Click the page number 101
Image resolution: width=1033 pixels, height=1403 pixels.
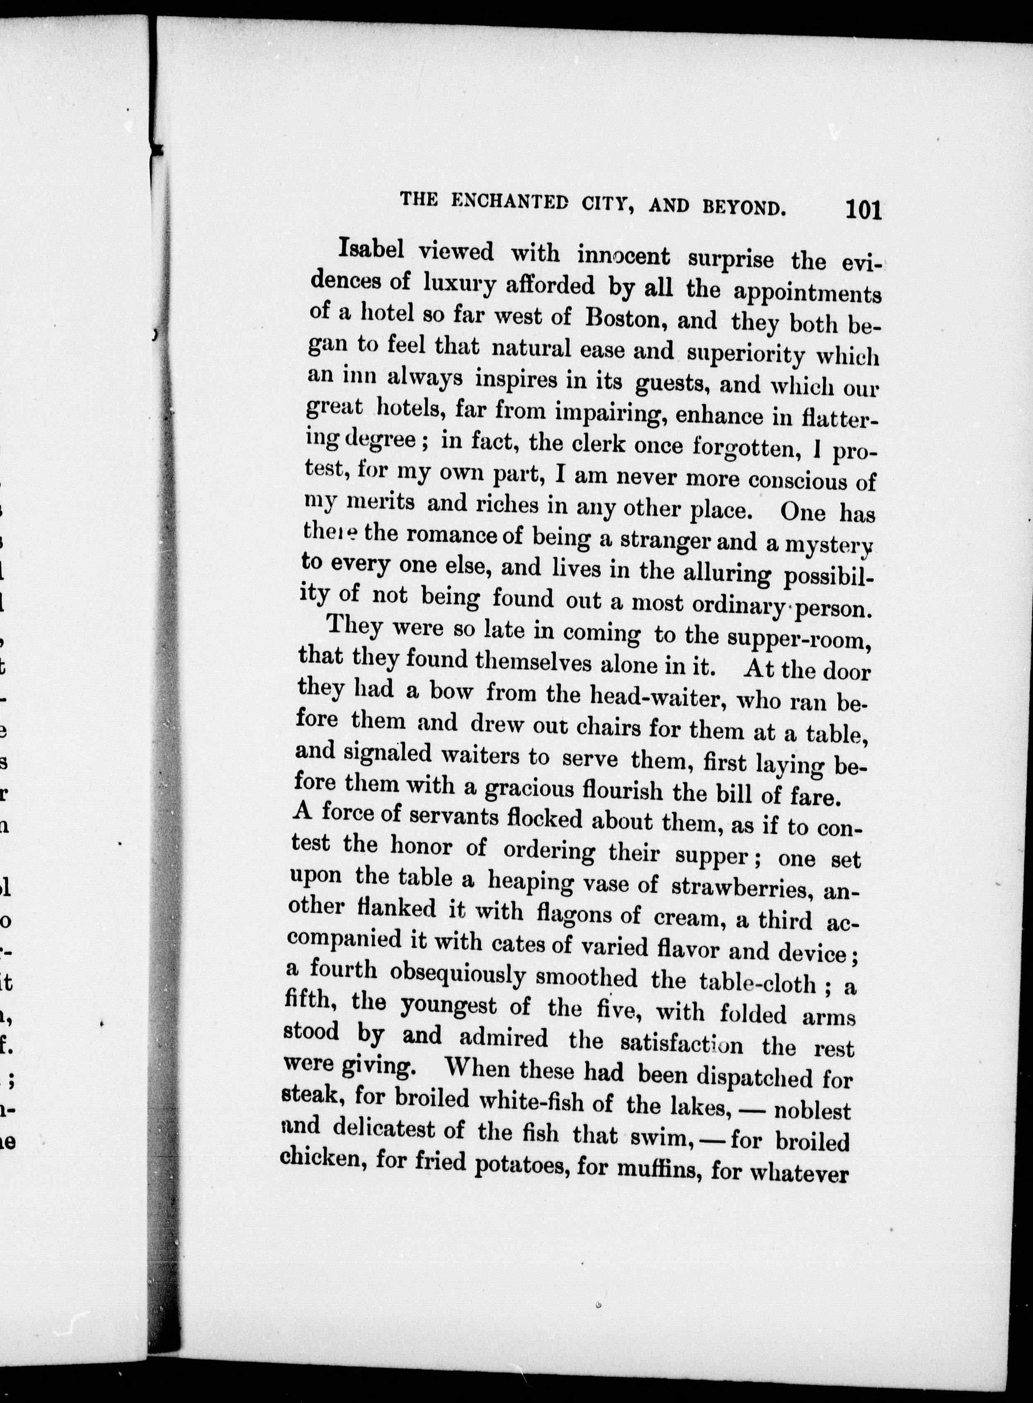click(863, 209)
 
